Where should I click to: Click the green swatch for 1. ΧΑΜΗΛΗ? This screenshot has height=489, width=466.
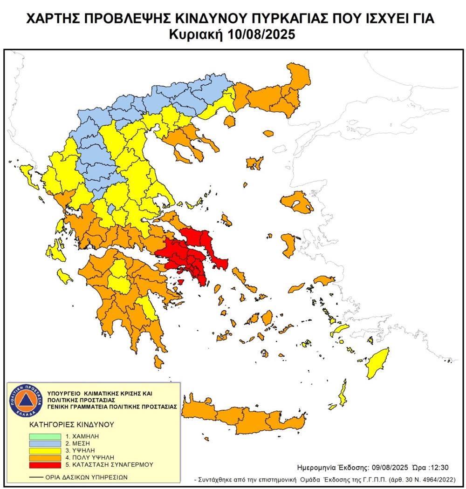(x=45, y=436)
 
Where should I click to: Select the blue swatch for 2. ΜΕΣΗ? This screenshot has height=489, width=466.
(x=45, y=443)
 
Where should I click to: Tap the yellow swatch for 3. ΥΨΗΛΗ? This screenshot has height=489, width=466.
(x=45, y=450)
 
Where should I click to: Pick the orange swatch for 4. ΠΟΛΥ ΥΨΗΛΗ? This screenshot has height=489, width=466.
(x=45, y=457)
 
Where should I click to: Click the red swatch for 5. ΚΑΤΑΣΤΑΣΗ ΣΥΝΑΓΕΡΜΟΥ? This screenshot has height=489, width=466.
(x=45, y=464)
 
